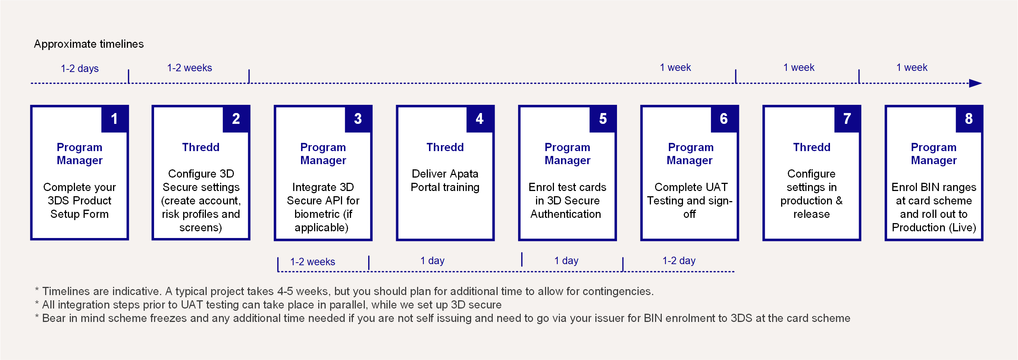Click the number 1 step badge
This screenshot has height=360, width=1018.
(x=114, y=119)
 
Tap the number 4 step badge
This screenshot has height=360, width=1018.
(x=480, y=119)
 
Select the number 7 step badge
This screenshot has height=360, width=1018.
(x=847, y=119)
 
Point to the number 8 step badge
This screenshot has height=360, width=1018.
(x=969, y=119)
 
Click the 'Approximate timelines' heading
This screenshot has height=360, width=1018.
(x=89, y=44)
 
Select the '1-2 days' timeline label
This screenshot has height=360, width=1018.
(x=80, y=68)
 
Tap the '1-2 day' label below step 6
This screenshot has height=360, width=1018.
(x=679, y=261)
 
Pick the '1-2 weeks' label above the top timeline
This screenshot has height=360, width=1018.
(x=190, y=68)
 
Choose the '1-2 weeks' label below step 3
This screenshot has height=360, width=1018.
(x=313, y=262)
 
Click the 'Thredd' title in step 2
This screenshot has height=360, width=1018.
(x=201, y=147)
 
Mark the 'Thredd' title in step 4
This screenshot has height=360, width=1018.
(x=445, y=147)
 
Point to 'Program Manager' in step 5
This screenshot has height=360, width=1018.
(x=567, y=154)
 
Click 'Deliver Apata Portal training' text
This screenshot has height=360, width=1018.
(x=445, y=180)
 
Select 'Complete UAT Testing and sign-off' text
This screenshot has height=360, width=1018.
(x=690, y=200)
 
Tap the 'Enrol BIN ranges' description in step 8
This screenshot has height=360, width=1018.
(x=934, y=187)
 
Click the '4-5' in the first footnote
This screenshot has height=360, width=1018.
(x=286, y=291)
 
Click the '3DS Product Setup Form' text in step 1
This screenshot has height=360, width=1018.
(x=79, y=207)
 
